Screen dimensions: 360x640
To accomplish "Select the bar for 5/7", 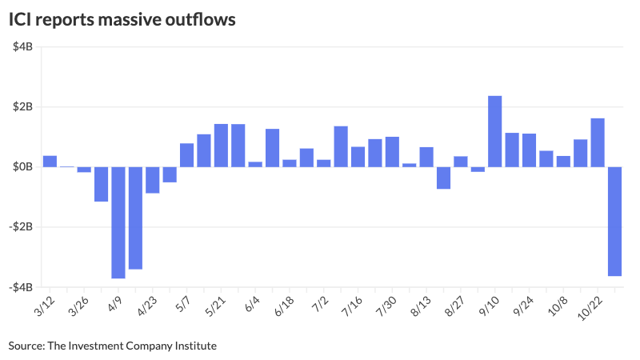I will pyautogui.click(x=186, y=155).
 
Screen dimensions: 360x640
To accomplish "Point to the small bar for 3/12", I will pyautogui.click(x=50, y=161).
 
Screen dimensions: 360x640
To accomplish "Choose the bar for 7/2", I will pyautogui.click(x=323, y=163).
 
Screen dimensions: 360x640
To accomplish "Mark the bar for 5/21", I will pyautogui.click(x=221, y=146).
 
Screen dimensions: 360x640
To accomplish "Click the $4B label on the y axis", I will pyautogui.click(x=22, y=47).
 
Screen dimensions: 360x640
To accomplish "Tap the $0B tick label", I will pyautogui.click(x=22, y=167).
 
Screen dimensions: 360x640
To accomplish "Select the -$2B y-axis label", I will pyautogui.click(x=20, y=227).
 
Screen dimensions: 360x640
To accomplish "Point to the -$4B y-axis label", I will pyautogui.click(x=20, y=287).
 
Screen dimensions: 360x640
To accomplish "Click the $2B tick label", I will pyautogui.click(x=22, y=107).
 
